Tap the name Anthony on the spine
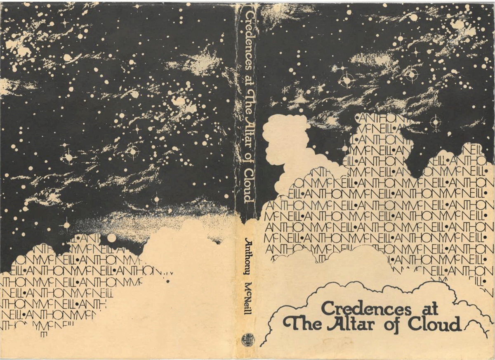(248, 256)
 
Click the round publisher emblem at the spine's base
(248, 339)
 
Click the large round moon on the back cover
(111, 238)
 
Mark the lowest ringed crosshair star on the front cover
(434, 122)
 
